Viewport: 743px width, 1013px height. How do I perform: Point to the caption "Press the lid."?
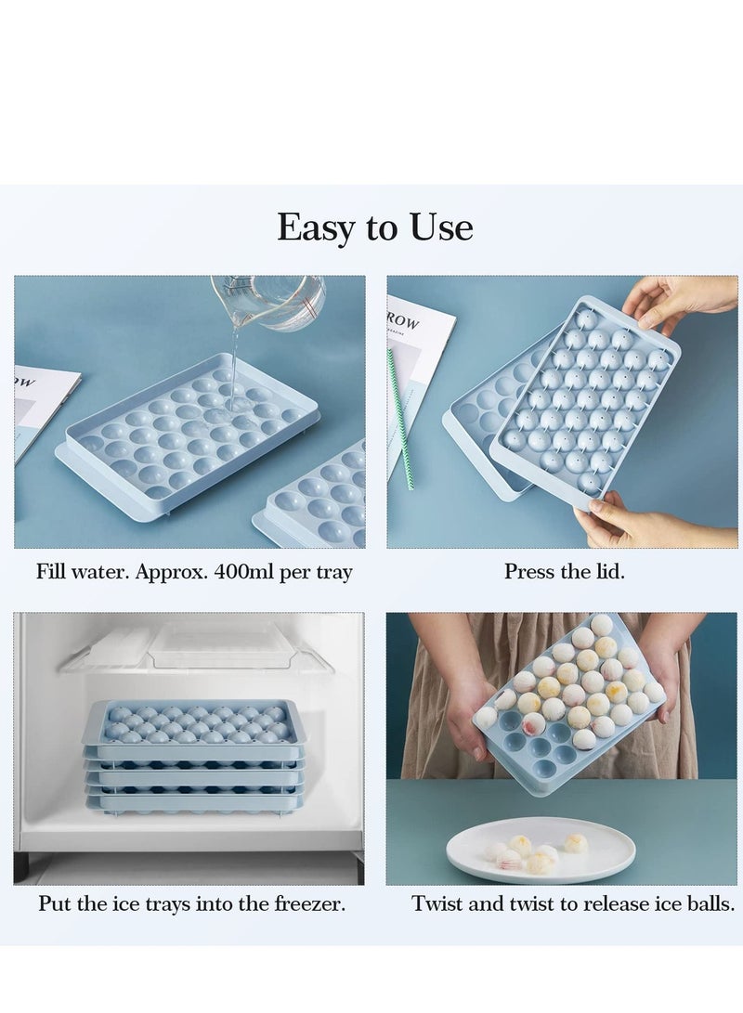564,572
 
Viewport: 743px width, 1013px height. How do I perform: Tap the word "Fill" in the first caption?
51,572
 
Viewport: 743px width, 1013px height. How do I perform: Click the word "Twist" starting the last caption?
438,903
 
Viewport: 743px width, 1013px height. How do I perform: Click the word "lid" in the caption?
607,572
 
